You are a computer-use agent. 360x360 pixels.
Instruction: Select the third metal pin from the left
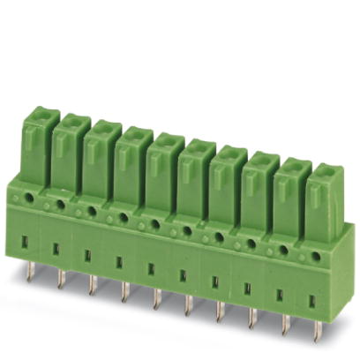tap(92, 285)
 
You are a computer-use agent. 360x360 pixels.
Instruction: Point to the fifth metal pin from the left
tap(155, 297)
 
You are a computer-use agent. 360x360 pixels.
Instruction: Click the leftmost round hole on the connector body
tap(28, 198)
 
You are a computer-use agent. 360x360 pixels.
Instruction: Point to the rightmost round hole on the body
tap(315, 257)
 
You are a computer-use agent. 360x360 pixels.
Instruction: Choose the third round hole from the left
tap(92, 211)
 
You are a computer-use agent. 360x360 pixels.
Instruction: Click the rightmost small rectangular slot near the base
tap(312, 301)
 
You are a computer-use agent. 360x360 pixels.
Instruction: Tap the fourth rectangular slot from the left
tap(118, 261)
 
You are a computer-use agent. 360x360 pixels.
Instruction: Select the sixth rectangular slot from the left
tap(183, 274)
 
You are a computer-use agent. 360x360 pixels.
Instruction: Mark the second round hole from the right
tap(283, 250)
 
